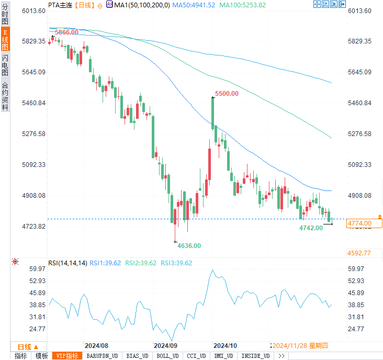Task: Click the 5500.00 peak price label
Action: click(227, 94)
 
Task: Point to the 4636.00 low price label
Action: click(189, 245)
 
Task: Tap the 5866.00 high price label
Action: click(66, 32)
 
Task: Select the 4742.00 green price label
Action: click(311, 228)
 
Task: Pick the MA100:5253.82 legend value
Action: click(242, 5)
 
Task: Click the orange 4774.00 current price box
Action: click(363, 223)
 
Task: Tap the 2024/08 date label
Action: click(96, 346)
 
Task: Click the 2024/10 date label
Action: click(226, 346)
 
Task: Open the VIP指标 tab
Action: click(67, 356)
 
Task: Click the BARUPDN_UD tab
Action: click(103, 356)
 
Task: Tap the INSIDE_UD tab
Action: click(255, 356)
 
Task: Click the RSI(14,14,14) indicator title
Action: click(67, 263)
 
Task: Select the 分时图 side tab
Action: click(5, 14)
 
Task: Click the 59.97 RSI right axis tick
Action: click(356, 269)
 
